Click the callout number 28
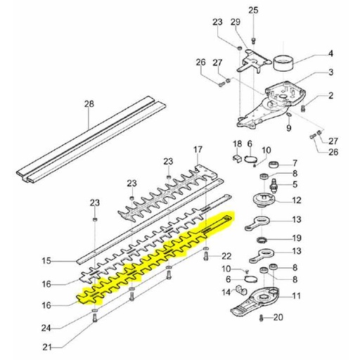89,103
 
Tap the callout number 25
253,11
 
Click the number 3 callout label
330,72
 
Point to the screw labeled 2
302,108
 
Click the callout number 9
289,128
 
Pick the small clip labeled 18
237,158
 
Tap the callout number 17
198,149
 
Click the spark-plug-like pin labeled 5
274,184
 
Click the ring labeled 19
262,240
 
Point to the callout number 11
297,296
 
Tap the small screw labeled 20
262,318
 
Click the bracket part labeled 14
241,290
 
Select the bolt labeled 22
206,255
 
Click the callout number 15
47,261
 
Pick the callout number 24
46,328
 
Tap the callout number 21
46,347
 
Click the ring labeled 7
274,165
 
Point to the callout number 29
236,22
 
